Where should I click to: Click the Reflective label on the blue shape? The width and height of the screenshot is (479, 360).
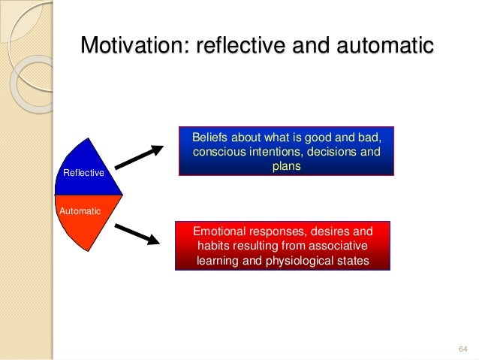coord(84,174)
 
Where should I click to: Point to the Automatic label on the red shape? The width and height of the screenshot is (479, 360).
coord(80,211)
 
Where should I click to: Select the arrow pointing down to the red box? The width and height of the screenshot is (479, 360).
coord(139,234)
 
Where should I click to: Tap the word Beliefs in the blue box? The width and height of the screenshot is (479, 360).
coord(212,138)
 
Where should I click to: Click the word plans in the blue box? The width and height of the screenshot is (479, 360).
coord(286,167)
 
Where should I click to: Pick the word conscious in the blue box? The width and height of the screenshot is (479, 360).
coord(219,153)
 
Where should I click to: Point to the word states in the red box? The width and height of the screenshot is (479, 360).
coord(353,261)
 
